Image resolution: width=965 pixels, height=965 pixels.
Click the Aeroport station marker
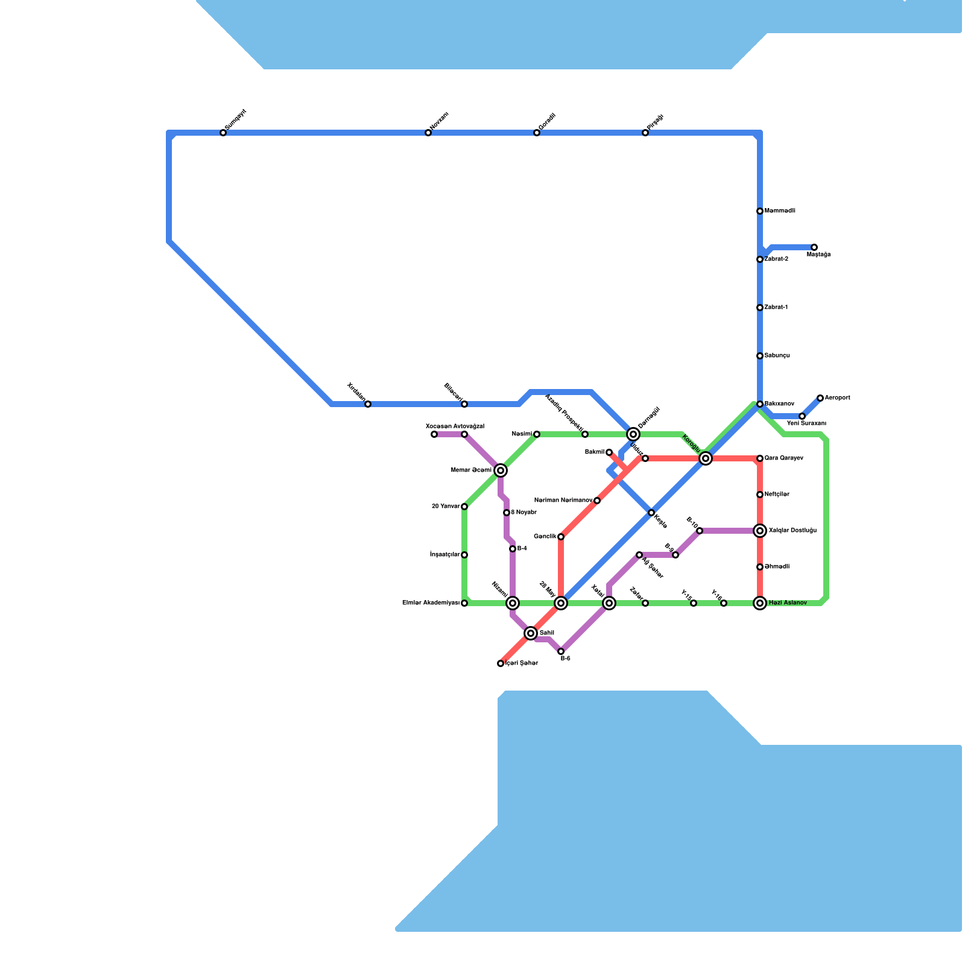pyautogui.click(x=820, y=398)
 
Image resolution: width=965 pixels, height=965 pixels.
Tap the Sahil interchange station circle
pyautogui.click(x=531, y=633)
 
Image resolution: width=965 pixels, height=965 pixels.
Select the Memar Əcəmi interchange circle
pyautogui.click(x=501, y=470)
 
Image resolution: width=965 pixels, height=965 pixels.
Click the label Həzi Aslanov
pyautogui.click(x=788, y=603)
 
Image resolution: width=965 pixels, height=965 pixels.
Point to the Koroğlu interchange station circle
pyautogui.click(x=706, y=459)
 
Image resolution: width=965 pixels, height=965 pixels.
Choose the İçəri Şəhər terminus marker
pyautogui.click(x=501, y=663)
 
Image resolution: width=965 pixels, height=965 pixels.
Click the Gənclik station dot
pyautogui.click(x=561, y=537)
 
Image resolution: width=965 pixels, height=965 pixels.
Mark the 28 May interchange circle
pyautogui.click(x=561, y=603)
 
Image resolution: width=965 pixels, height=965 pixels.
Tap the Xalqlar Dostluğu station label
pyautogui.click(x=793, y=531)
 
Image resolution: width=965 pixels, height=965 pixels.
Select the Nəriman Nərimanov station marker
pyautogui.click(x=597, y=501)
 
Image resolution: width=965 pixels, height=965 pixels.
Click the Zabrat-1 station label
pyautogui.click(x=776, y=308)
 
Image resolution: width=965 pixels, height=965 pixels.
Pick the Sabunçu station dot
pyautogui.click(x=760, y=356)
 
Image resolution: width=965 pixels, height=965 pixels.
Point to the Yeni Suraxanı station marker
pyautogui.click(x=802, y=416)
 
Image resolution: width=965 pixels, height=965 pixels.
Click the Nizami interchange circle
pyautogui.click(x=513, y=603)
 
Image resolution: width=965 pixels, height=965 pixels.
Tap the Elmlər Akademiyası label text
pyautogui.click(x=431, y=603)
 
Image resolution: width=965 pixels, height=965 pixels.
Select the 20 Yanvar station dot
pyautogui.click(x=464, y=507)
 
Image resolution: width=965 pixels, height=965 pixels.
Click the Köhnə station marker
pyautogui.click(x=651, y=513)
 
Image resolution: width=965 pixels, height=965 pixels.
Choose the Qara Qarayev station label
pyautogui.click(x=783, y=458)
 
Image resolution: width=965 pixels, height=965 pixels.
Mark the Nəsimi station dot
pyautogui.click(x=537, y=434)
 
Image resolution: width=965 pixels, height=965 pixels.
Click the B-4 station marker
pyautogui.click(x=513, y=549)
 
